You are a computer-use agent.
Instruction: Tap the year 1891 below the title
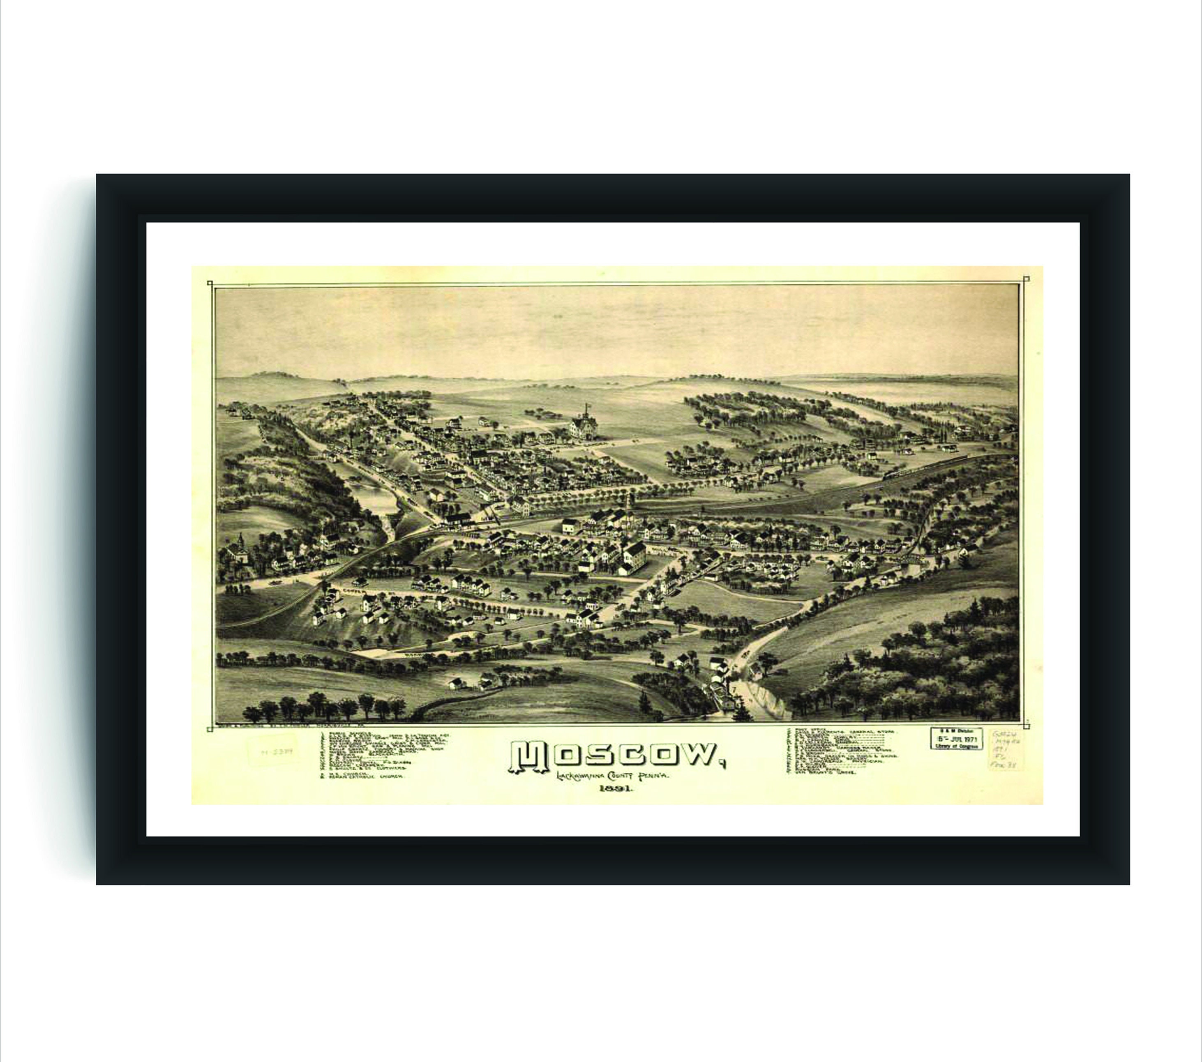click(616, 790)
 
